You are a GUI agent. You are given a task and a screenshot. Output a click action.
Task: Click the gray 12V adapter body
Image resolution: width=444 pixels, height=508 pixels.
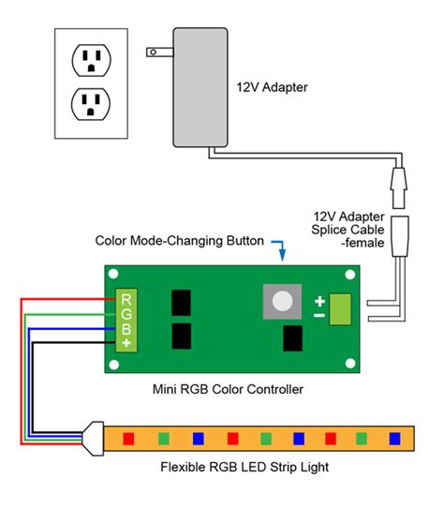tap(198, 83)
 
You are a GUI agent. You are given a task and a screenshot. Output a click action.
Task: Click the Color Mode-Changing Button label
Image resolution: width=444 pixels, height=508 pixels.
tap(179, 240)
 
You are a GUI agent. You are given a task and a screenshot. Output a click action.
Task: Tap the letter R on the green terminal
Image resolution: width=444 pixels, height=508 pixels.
tap(124, 299)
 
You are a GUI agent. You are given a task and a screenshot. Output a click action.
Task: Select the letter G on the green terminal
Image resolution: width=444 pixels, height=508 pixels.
tap(124, 314)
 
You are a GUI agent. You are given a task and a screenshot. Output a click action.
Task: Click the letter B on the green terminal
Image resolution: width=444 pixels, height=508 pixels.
tap(124, 329)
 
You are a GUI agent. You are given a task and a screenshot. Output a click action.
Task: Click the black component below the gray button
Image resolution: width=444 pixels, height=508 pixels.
tap(293, 339)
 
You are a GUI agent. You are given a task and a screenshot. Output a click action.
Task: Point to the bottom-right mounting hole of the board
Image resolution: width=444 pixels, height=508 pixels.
tap(351, 363)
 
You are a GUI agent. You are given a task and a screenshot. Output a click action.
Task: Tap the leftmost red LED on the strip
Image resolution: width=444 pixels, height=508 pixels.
tap(129, 437)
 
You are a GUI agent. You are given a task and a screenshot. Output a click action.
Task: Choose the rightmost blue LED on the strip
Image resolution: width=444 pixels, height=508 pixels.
tap(394, 437)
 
